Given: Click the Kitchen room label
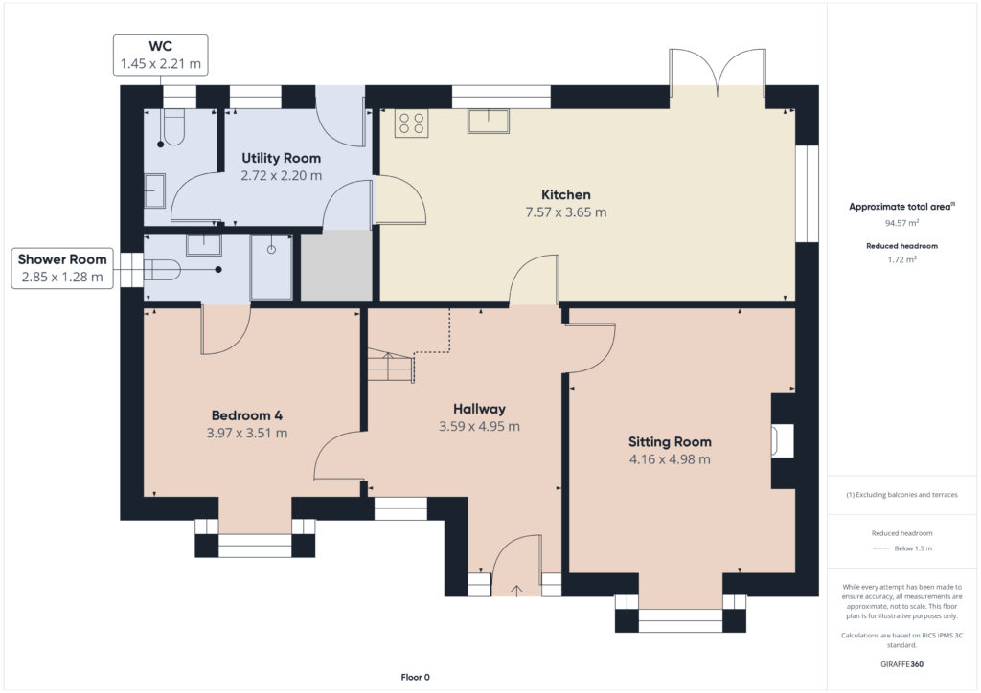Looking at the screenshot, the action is pos(565,194).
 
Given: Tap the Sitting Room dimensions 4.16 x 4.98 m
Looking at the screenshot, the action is pos(670,459).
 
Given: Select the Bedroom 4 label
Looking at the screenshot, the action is pos(246,415).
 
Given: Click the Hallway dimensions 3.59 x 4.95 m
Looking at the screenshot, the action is pos(479,426).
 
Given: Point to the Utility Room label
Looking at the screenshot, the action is pos(281,158).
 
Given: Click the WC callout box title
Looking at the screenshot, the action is pos(160,46).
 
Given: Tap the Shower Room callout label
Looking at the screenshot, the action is pos(62,259).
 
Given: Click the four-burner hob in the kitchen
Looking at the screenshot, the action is pos(411,123).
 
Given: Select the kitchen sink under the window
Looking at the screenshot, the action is pos(489,121).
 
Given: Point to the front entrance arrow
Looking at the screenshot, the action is pos(516,591).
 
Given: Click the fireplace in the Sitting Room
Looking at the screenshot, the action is pos(783,440).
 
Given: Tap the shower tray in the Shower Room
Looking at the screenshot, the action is pos(271,267).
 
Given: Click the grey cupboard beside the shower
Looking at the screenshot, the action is pos(336,266).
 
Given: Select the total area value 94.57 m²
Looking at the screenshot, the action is pos(901,223).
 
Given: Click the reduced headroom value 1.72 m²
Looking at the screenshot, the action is pos(901,259).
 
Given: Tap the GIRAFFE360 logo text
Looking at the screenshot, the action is pos(901,664).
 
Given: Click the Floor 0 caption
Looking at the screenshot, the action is pos(416,677).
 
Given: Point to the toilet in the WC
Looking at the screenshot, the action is pos(173,128).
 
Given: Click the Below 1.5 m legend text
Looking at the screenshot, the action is pos(913,548).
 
